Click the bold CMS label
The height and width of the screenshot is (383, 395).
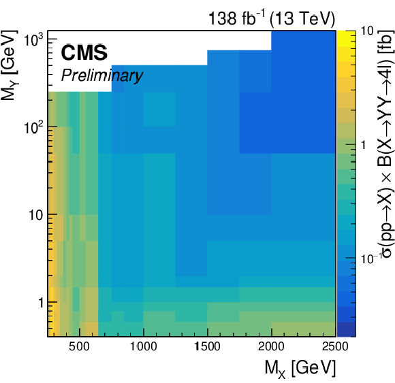tap(84, 52)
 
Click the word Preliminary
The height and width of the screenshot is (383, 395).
tap(102, 76)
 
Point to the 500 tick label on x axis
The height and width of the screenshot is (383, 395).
tap(79, 346)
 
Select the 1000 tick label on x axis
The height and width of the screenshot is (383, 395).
tap(143, 346)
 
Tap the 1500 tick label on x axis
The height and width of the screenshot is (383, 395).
tap(208, 346)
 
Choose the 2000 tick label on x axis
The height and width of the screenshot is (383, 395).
tap(271, 346)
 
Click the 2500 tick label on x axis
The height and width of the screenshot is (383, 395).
tap(335, 346)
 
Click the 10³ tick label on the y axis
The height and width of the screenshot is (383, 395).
tap(34, 39)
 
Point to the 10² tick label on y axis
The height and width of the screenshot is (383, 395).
tap(34, 127)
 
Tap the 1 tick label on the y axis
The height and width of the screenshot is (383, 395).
tap(41, 303)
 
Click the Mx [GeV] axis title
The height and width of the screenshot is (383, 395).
tap(300, 369)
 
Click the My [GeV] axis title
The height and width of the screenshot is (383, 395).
tap(10, 65)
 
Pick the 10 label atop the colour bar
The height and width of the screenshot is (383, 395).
tap(367, 31)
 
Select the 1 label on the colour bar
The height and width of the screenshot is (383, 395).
tap(363, 145)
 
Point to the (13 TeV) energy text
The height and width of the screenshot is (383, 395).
tap(302, 18)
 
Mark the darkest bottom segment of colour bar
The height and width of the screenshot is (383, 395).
tap(347, 329)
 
